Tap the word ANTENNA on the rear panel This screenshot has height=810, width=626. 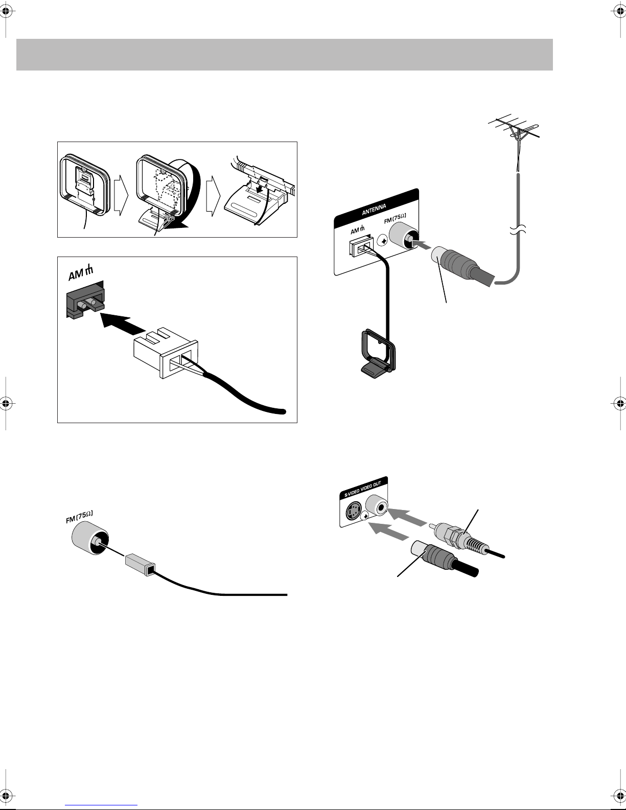click(x=374, y=209)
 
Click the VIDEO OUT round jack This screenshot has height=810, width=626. click(x=378, y=506)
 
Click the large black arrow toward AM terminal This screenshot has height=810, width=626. click(x=123, y=323)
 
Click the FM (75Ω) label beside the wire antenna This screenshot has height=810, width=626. click(x=79, y=517)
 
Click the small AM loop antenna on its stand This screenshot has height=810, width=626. click(x=378, y=351)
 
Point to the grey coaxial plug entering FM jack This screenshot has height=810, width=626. click(x=455, y=265)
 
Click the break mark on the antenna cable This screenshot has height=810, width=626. click(x=518, y=231)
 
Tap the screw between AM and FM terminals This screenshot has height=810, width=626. click(x=382, y=240)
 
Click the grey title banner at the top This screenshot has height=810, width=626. click(x=284, y=54)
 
